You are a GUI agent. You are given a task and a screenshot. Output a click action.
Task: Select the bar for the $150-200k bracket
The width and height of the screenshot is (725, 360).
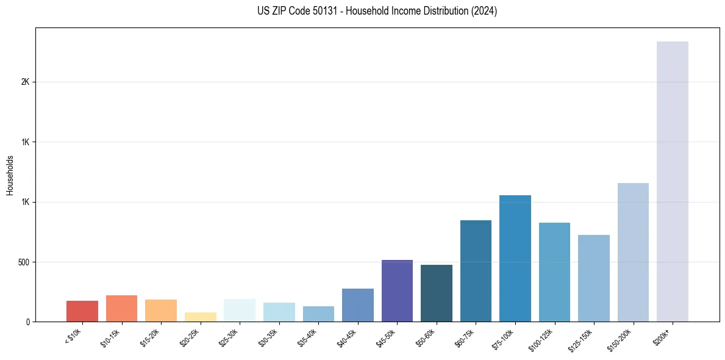click(633, 253)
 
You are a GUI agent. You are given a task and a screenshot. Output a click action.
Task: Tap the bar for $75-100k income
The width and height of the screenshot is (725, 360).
click(515, 259)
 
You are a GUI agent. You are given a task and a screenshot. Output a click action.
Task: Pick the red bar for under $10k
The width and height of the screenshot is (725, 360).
click(82, 311)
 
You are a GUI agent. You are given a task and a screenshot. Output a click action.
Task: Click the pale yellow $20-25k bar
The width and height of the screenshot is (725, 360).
click(200, 317)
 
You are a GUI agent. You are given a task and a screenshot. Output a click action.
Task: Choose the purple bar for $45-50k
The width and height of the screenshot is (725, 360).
click(397, 291)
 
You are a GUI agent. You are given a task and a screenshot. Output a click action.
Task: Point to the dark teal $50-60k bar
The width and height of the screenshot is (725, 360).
click(436, 293)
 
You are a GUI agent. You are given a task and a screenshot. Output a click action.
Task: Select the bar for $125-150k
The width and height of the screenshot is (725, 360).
click(593, 278)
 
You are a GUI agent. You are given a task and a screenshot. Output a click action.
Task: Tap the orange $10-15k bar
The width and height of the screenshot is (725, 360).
click(121, 309)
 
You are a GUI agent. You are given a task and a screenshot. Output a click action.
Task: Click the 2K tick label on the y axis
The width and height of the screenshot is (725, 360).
click(25, 82)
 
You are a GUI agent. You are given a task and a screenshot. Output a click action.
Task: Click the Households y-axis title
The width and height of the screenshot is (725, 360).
click(10, 175)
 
